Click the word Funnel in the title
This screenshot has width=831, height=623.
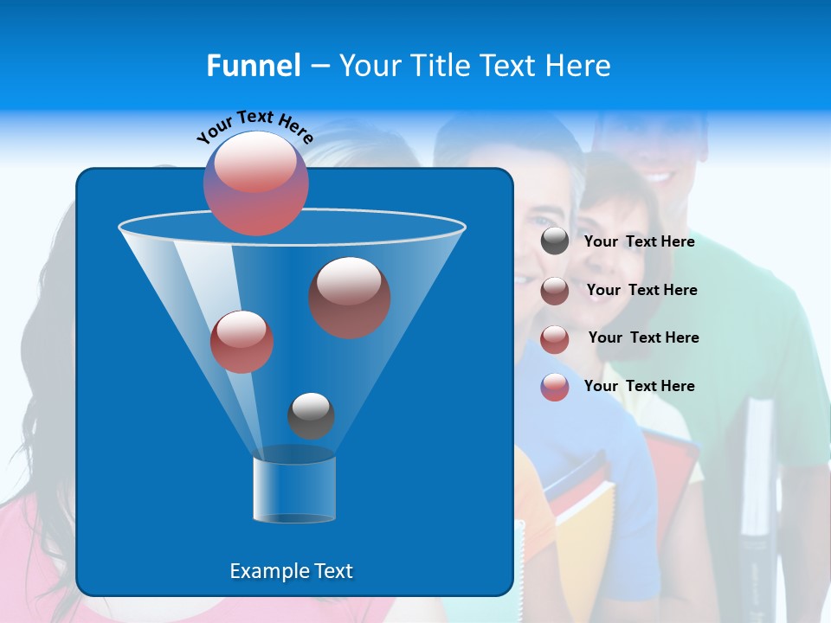click(253, 66)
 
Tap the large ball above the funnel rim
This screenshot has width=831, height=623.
click(255, 183)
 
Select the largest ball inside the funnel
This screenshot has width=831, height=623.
click(349, 297)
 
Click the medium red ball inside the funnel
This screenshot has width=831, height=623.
click(242, 342)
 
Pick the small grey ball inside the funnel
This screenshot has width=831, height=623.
click(311, 415)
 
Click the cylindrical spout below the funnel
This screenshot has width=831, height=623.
click(293, 488)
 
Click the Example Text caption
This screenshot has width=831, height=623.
click(291, 571)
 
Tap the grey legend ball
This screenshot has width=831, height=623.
click(555, 241)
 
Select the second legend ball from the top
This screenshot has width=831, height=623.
click(555, 291)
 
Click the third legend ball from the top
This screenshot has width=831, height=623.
click(555, 339)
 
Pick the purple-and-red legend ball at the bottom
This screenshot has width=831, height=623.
click(555, 387)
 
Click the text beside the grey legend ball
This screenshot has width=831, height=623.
click(639, 241)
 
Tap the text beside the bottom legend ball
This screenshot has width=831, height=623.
click(639, 386)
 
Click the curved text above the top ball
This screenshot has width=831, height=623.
click(254, 125)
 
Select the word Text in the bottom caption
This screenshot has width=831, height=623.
click(329, 571)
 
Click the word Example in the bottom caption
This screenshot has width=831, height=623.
click(265, 571)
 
